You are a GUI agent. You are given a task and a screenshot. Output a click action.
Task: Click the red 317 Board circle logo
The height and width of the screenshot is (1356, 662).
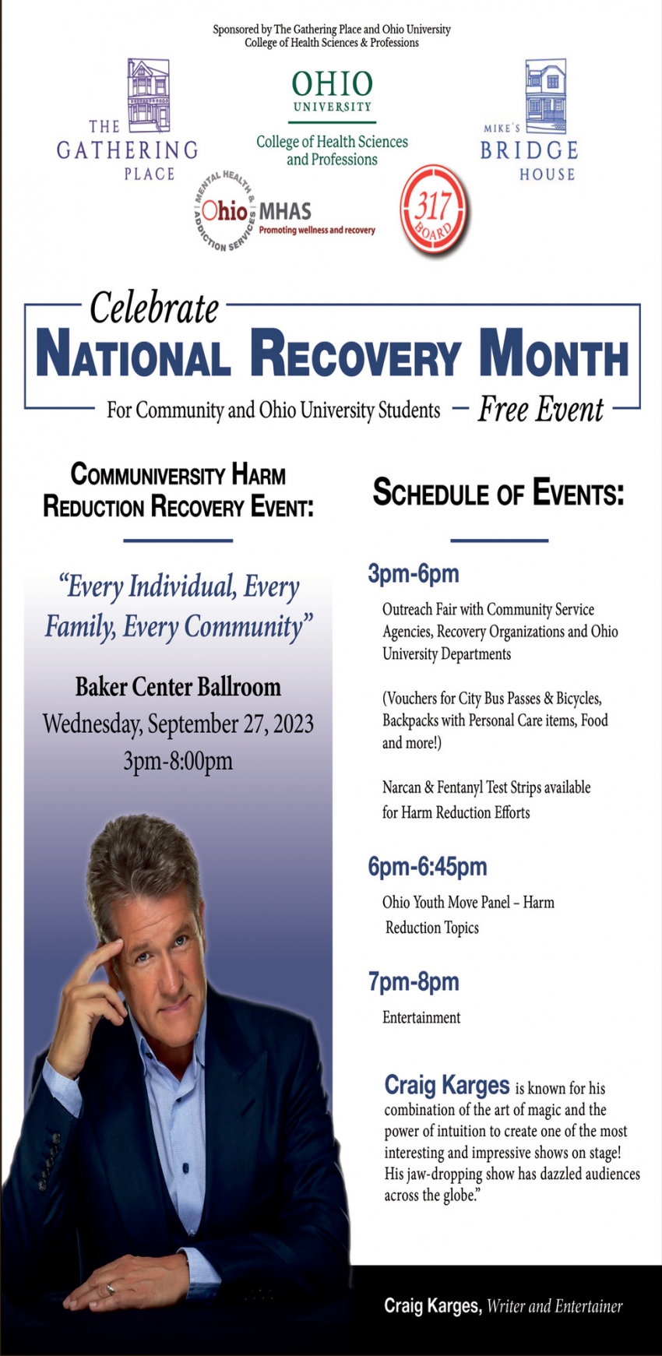click(434, 209)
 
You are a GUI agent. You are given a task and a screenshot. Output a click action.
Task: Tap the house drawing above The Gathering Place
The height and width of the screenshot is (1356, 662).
click(149, 95)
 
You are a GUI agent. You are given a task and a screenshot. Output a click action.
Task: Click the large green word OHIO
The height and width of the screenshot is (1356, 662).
click(333, 84)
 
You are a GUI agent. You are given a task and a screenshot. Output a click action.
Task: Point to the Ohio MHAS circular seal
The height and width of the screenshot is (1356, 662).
click(225, 211)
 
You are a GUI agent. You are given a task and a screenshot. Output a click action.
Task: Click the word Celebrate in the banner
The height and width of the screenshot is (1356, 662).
click(154, 308)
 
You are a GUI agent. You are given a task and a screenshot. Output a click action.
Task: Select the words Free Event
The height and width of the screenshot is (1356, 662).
click(541, 409)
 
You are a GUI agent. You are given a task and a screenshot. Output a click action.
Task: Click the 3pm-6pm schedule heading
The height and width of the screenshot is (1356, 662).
click(414, 575)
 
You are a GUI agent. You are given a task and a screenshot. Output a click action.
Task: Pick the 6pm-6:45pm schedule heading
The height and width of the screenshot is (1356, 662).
click(428, 867)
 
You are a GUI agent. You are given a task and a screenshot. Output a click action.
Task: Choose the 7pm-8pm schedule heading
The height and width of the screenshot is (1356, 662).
click(414, 982)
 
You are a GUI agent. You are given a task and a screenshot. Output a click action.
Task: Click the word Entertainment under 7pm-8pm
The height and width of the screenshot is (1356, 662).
click(421, 1017)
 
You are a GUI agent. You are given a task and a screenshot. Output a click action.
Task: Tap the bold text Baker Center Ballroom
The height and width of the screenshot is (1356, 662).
click(178, 687)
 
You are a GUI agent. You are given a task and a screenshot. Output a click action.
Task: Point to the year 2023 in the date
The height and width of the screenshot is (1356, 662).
click(293, 724)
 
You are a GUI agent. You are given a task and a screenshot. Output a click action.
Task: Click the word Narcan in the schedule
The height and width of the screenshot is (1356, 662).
click(401, 787)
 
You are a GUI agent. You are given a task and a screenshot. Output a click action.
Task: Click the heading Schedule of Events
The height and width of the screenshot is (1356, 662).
click(498, 493)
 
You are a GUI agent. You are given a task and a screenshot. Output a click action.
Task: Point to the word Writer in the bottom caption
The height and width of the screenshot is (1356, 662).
click(505, 1306)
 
